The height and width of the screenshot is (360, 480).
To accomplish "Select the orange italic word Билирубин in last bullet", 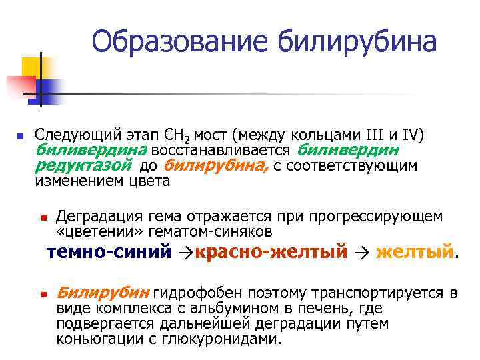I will click(x=103, y=293).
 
